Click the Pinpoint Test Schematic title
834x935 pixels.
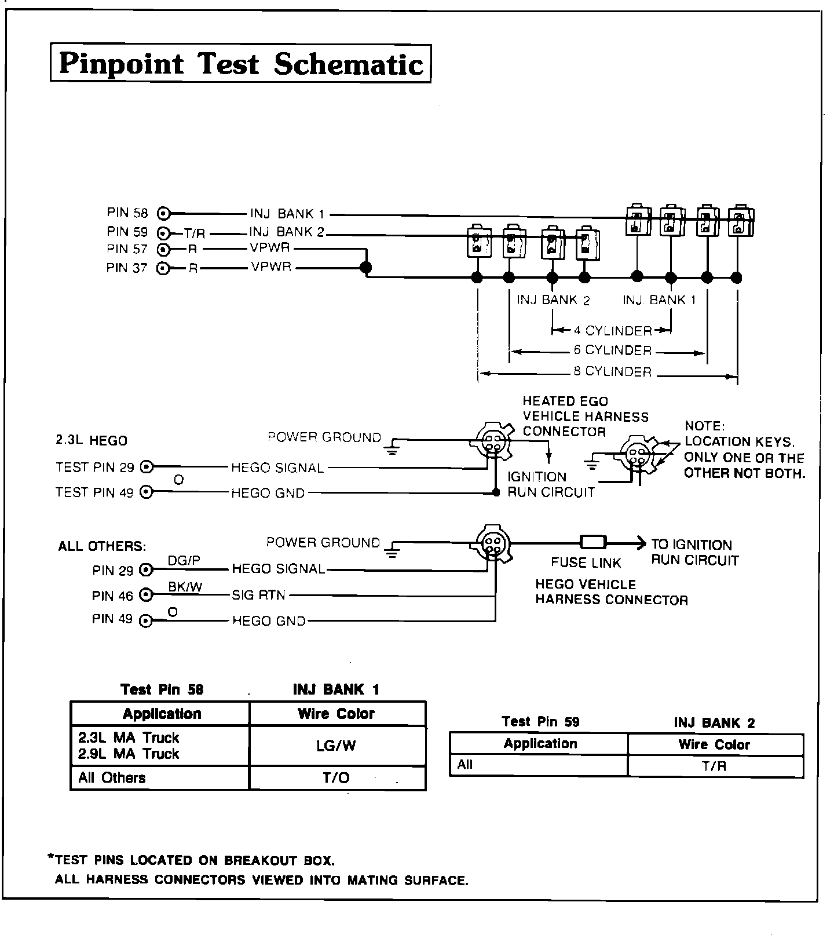241,63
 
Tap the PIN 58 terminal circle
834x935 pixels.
164,213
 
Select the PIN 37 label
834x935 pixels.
127,268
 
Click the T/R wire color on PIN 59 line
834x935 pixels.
195,234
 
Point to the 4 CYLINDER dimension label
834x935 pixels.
613,331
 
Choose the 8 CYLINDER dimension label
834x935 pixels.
613,372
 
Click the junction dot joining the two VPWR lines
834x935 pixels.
365,267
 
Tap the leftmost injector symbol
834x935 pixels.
478,242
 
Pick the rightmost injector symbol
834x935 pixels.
739,220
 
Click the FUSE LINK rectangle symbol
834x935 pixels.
593,543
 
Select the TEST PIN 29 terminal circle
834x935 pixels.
148,467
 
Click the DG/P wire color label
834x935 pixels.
184,560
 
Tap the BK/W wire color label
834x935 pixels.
185,587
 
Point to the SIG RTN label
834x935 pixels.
258,595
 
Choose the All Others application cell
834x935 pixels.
112,777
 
